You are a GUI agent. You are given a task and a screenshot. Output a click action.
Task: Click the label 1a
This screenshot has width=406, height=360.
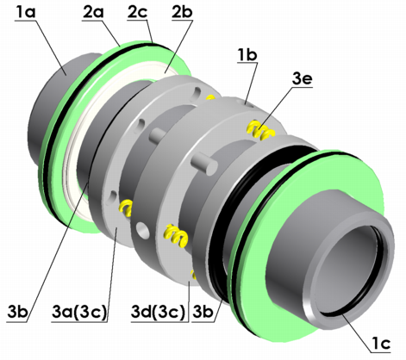tap(26, 13)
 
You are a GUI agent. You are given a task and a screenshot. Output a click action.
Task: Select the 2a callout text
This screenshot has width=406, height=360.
tap(93, 13)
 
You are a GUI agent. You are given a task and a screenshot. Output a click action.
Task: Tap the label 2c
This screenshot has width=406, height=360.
tap(137, 13)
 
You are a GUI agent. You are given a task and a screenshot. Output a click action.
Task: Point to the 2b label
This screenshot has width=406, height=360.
tap(182, 13)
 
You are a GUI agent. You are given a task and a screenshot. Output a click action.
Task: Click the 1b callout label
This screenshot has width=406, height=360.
tap(247, 54)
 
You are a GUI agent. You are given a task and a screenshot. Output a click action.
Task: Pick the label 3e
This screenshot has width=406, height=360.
tap(302, 79)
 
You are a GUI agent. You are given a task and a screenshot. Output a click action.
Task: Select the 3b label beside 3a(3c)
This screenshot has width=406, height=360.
tap(17, 313)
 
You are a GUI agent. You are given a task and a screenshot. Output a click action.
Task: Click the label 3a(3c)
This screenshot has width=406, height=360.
tap(79, 313)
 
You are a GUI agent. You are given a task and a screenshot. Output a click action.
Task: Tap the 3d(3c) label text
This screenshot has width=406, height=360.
tap(158, 313)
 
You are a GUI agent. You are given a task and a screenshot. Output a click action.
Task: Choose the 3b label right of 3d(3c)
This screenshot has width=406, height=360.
tap(203, 313)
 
